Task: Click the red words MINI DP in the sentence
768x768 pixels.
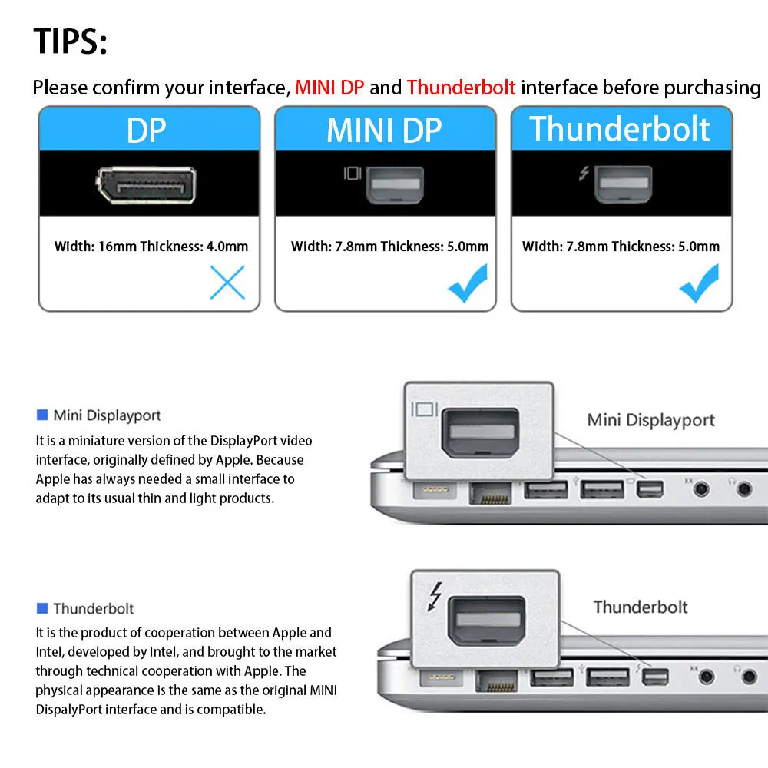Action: tap(329, 88)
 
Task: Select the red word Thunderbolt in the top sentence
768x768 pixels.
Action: tap(461, 88)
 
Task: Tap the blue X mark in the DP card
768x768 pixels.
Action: tap(227, 283)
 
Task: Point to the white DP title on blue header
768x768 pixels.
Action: tap(146, 130)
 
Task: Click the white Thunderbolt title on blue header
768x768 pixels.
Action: tap(620, 129)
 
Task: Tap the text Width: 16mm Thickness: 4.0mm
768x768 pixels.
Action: tap(151, 247)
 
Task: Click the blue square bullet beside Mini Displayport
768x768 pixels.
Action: tap(42, 415)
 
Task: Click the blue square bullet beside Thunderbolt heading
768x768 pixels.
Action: tap(42, 608)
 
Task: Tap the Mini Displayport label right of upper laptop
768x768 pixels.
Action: tap(650, 420)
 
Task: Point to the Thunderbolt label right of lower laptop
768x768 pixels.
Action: tap(640, 607)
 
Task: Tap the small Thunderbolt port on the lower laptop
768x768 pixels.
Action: tap(655, 677)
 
